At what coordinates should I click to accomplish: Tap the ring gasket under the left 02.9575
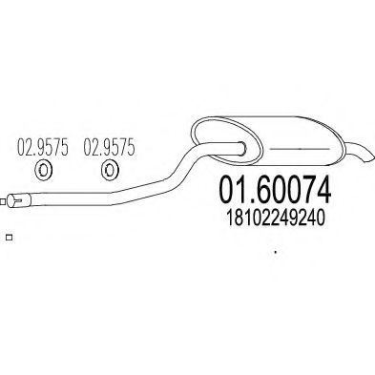42,172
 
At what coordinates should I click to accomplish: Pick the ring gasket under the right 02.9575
108,172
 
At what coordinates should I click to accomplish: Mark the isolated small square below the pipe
8,238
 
